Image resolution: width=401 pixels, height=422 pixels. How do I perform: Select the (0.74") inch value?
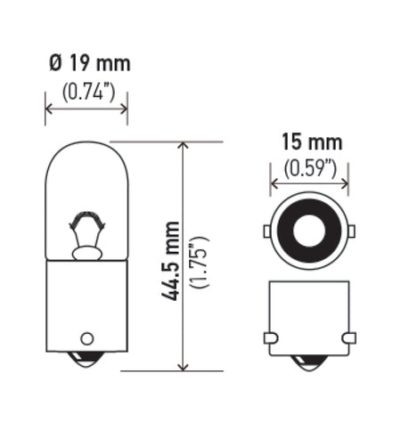click(x=86, y=91)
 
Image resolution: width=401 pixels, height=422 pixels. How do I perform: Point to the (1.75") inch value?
click(x=200, y=257)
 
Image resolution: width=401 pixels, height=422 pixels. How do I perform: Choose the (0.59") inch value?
click(x=309, y=166)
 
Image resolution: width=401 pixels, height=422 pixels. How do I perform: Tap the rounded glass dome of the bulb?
click(x=86, y=169)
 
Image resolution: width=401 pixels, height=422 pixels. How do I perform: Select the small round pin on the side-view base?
click(x=86, y=338)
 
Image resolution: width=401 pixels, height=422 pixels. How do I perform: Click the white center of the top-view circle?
click(x=309, y=231)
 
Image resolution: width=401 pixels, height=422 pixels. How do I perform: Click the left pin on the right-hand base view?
click(x=271, y=337)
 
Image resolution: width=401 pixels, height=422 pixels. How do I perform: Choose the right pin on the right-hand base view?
click(x=348, y=337)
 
